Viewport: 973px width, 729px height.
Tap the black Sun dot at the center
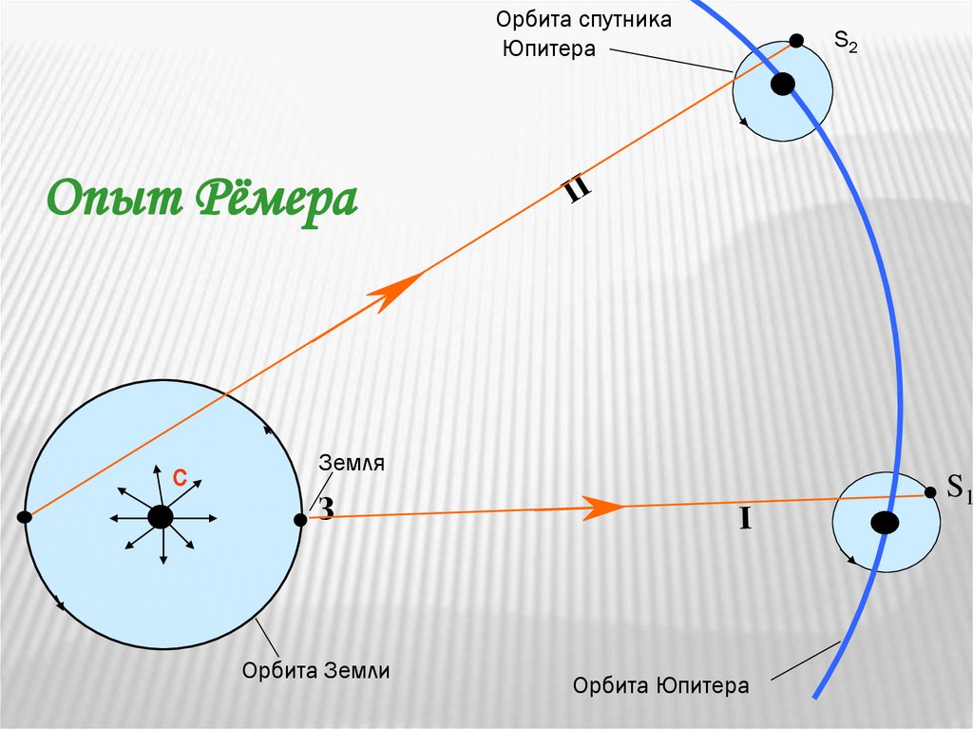tap(161, 517)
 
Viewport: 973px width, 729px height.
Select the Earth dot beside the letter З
tap(300, 519)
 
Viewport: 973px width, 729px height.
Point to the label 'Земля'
tap(352, 463)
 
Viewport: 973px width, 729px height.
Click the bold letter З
tap(325, 508)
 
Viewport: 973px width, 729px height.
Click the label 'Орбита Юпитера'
tap(661, 685)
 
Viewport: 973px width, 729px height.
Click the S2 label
tap(846, 42)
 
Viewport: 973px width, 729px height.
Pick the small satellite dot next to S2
tap(796, 41)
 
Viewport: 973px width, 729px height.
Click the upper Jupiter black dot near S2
tap(782, 85)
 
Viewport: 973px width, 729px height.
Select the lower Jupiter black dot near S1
tap(885, 523)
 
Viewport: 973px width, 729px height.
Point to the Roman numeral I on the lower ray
tap(746, 519)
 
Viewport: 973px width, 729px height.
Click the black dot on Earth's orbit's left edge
tap(25, 517)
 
